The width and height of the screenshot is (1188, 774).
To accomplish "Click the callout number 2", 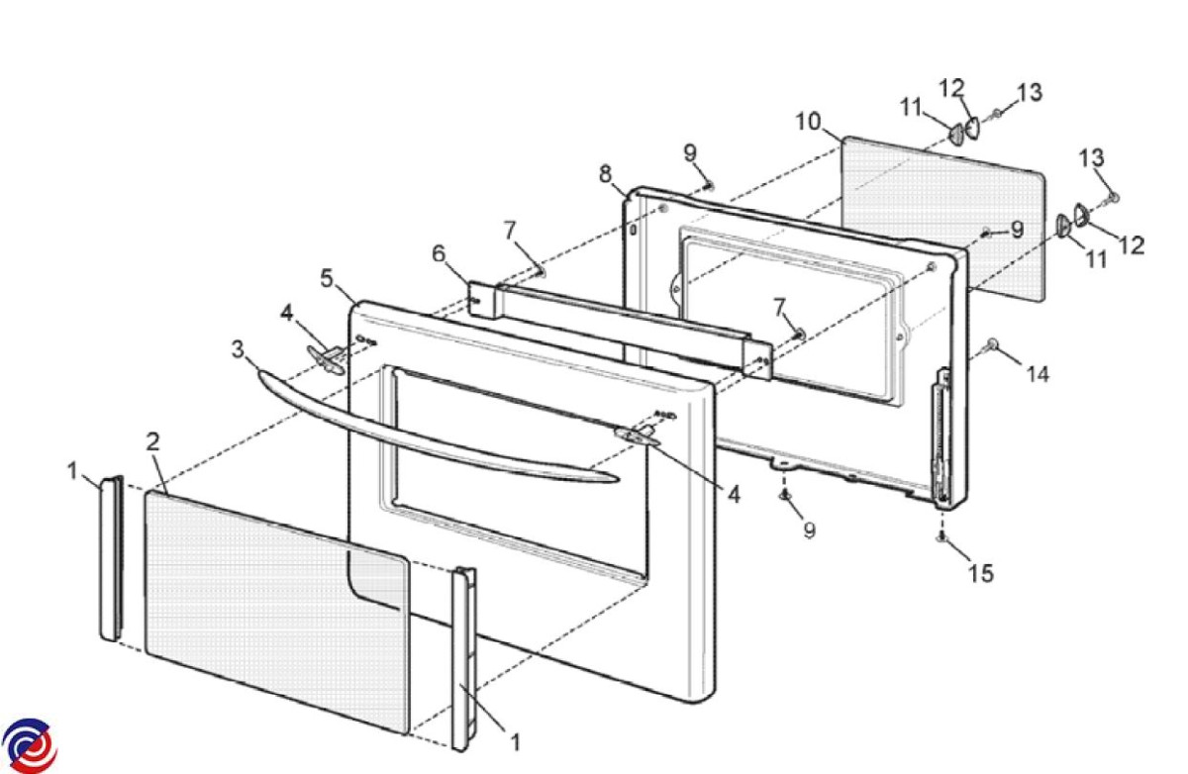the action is tap(152, 441).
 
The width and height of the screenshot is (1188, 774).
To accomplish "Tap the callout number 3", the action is tap(238, 349).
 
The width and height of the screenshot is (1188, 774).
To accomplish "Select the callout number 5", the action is tap(327, 278).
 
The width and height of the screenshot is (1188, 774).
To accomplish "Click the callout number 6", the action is tap(439, 253).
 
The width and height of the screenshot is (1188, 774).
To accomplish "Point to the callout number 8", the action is tap(605, 174).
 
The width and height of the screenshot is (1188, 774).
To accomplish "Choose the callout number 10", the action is tap(808, 122).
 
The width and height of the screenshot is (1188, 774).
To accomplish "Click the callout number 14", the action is tap(1038, 374).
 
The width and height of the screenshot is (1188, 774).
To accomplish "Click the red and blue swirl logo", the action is tap(29, 745).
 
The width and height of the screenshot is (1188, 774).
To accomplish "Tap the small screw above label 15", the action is tap(940, 537).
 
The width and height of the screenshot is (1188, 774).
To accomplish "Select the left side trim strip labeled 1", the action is tap(111, 557).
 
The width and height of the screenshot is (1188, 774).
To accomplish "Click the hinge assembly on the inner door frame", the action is tap(941, 437).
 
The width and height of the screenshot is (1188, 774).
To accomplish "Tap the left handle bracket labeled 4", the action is tap(326, 358).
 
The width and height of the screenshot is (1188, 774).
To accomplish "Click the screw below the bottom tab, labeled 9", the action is tap(784, 495).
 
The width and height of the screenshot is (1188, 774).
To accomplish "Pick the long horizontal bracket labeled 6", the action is tap(621, 330).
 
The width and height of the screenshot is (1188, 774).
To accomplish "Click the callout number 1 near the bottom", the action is tap(515, 742).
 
